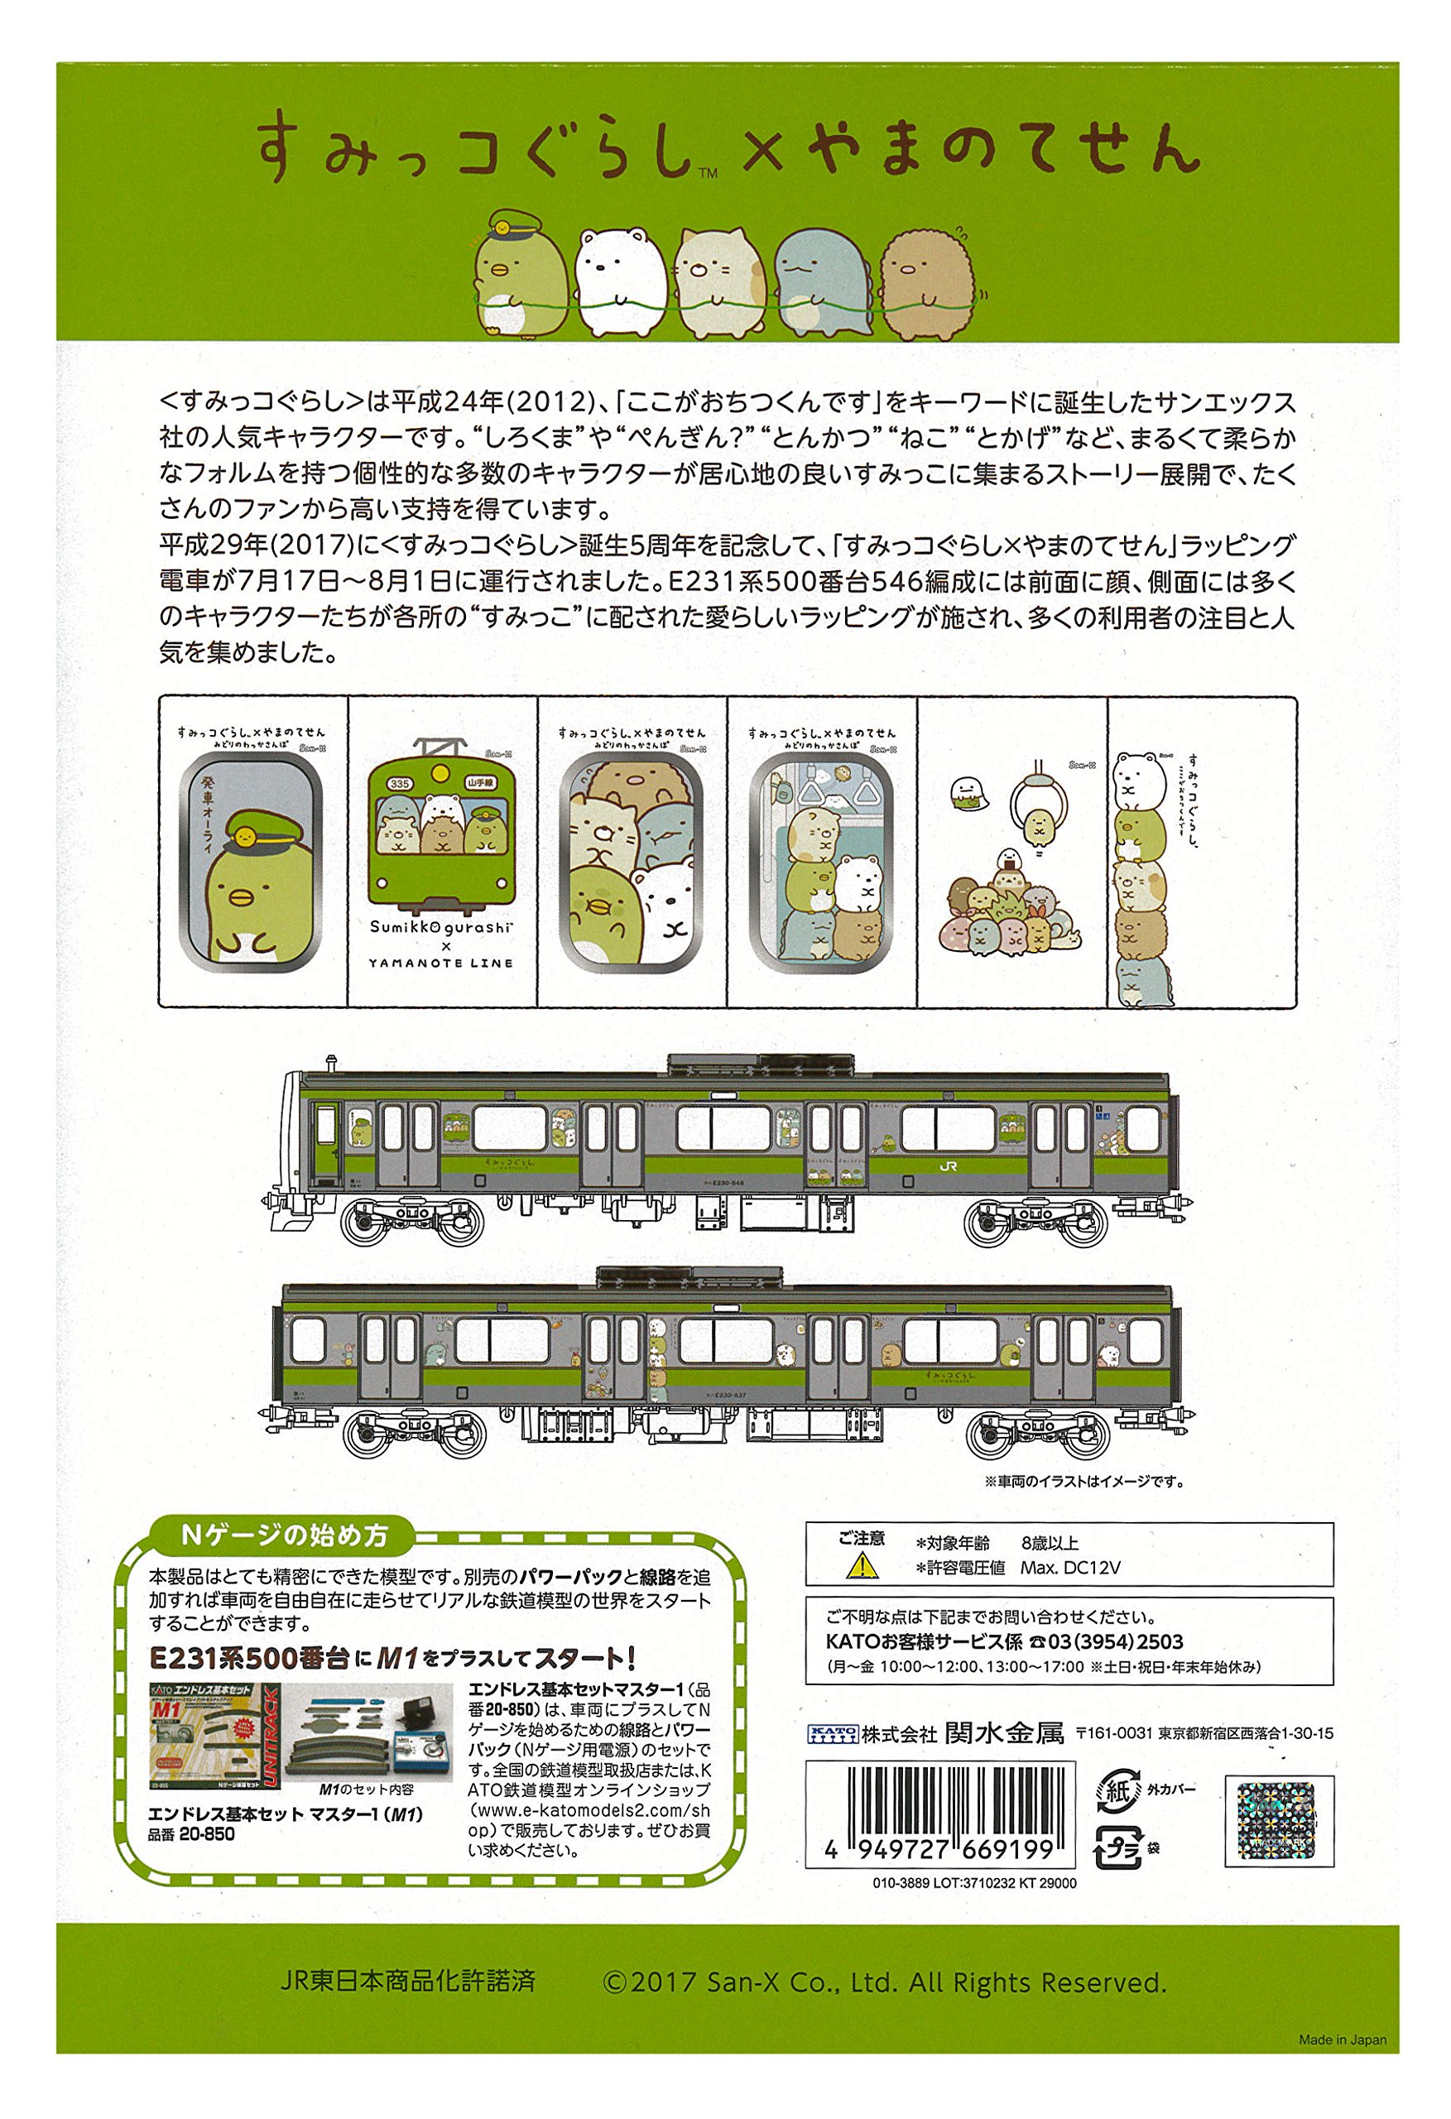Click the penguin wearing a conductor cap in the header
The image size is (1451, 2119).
pyautogui.click(x=521, y=269)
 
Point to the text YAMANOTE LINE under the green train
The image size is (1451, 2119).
pyautogui.click(x=441, y=963)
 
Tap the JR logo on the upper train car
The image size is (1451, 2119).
pyautogui.click(x=949, y=1167)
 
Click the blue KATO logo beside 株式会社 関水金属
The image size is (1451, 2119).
pyautogui.click(x=832, y=1733)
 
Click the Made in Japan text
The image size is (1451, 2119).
pyautogui.click(x=1342, y=2040)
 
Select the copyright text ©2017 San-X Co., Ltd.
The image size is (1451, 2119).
pyautogui.click(x=884, y=1982)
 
